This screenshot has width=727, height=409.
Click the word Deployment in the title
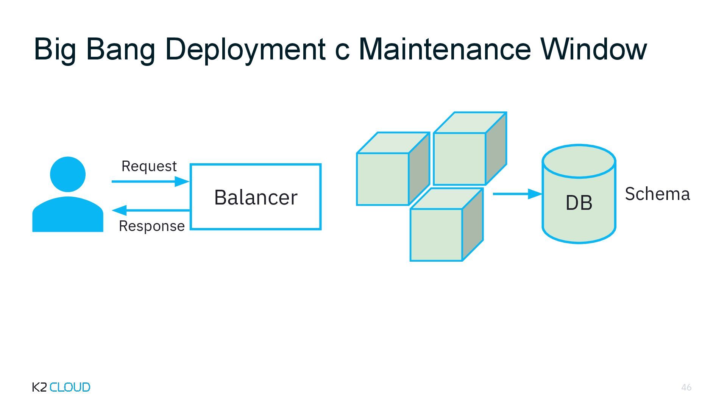pos(245,49)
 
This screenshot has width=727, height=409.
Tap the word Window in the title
pos(594,49)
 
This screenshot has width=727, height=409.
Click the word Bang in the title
pos(120,49)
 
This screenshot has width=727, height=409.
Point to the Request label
pos(149,166)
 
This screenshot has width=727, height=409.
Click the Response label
pos(151,226)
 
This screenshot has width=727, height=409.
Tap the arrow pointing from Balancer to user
pos(151,210)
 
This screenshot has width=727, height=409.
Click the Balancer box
pos(256,197)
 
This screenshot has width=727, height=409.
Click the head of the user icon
pos(68,174)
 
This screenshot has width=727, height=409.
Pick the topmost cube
pos(459,158)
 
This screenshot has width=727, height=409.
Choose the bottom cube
pos(436,234)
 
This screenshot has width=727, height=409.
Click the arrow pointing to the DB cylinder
pos(517,194)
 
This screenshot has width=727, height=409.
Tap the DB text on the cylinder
pos(579,203)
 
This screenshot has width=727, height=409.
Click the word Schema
pos(657,194)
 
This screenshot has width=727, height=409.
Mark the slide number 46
pos(686,387)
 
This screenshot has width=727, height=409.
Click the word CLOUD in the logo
pos(70,387)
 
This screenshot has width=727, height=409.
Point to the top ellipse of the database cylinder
pos(579,161)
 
